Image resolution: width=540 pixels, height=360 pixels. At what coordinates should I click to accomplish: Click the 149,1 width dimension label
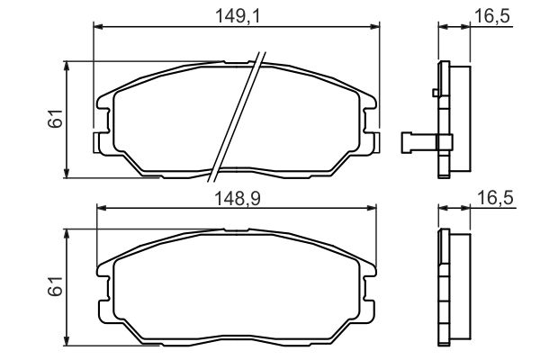pyautogui.click(x=238, y=16)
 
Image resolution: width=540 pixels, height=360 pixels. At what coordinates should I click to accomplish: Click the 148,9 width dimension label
pyautogui.click(x=238, y=199)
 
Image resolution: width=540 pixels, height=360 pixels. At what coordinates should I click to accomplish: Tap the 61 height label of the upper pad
pyautogui.click(x=56, y=119)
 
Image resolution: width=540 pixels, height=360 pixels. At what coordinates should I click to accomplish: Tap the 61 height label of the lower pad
pyautogui.click(x=56, y=286)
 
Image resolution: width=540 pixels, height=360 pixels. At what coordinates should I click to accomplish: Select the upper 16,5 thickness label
pyautogui.click(x=491, y=16)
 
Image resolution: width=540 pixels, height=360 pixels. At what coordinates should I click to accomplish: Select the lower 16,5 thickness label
pyautogui.click(x=495, y=198)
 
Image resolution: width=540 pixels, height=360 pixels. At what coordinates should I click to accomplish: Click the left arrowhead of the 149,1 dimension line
pyautogui.click(x=98, y=27)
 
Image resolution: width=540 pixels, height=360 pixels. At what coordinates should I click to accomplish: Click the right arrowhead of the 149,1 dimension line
pyautogui.click(x=374, y=27)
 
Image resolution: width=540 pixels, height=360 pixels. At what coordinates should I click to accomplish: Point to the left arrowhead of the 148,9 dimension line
pyautogui.click(x=103, y=208)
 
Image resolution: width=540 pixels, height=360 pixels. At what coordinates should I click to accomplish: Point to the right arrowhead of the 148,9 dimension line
pyautogui.click(x=371, y=208)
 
